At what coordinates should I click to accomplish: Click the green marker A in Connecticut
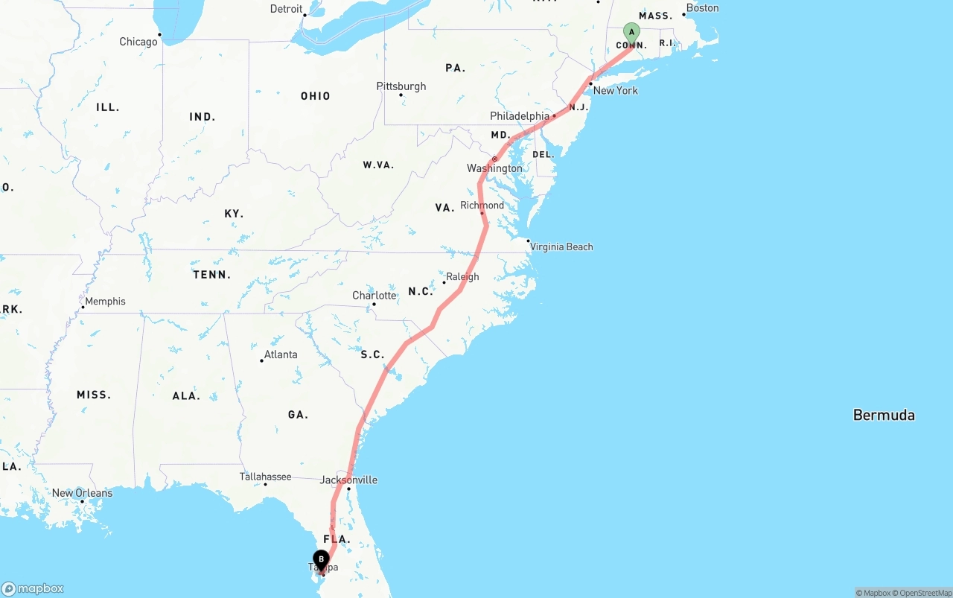point(631,32)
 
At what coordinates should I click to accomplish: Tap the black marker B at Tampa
point(321,559)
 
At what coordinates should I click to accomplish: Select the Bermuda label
point(884,416)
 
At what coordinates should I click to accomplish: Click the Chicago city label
point(138,42)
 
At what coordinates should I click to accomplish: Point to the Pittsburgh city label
point(401,86)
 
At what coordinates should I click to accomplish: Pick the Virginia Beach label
point(561,246)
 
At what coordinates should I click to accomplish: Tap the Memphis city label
point(105,302)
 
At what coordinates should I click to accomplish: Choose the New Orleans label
point(82,493)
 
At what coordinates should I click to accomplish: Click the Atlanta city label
point(281,354)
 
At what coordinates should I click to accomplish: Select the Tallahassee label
point(265,477)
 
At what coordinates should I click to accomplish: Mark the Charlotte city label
point(374,296)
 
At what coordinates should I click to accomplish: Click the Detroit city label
point(286,9)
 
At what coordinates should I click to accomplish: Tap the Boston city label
point(702,8)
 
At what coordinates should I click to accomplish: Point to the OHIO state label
point(315,96)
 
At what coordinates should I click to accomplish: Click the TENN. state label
point(211,275)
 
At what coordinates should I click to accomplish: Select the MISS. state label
point(94,395)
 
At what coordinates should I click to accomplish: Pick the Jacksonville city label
point(348,480)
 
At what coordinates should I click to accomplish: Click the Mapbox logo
point(33,588)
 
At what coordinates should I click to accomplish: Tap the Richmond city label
point(482,206)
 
